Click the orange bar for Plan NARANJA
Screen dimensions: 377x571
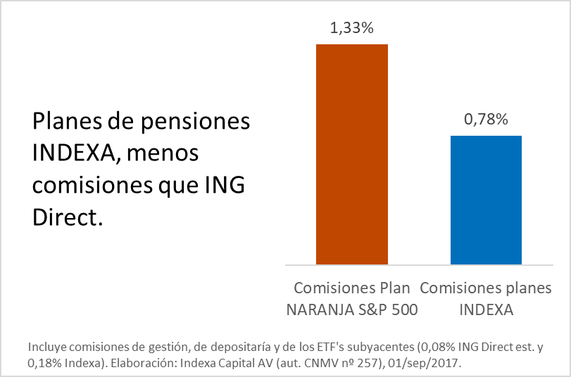coord(351,153)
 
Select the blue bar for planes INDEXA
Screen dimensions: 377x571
coord(486,200)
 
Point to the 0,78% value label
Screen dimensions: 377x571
coord(486,120)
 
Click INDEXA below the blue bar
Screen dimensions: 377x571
coord(486,309)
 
